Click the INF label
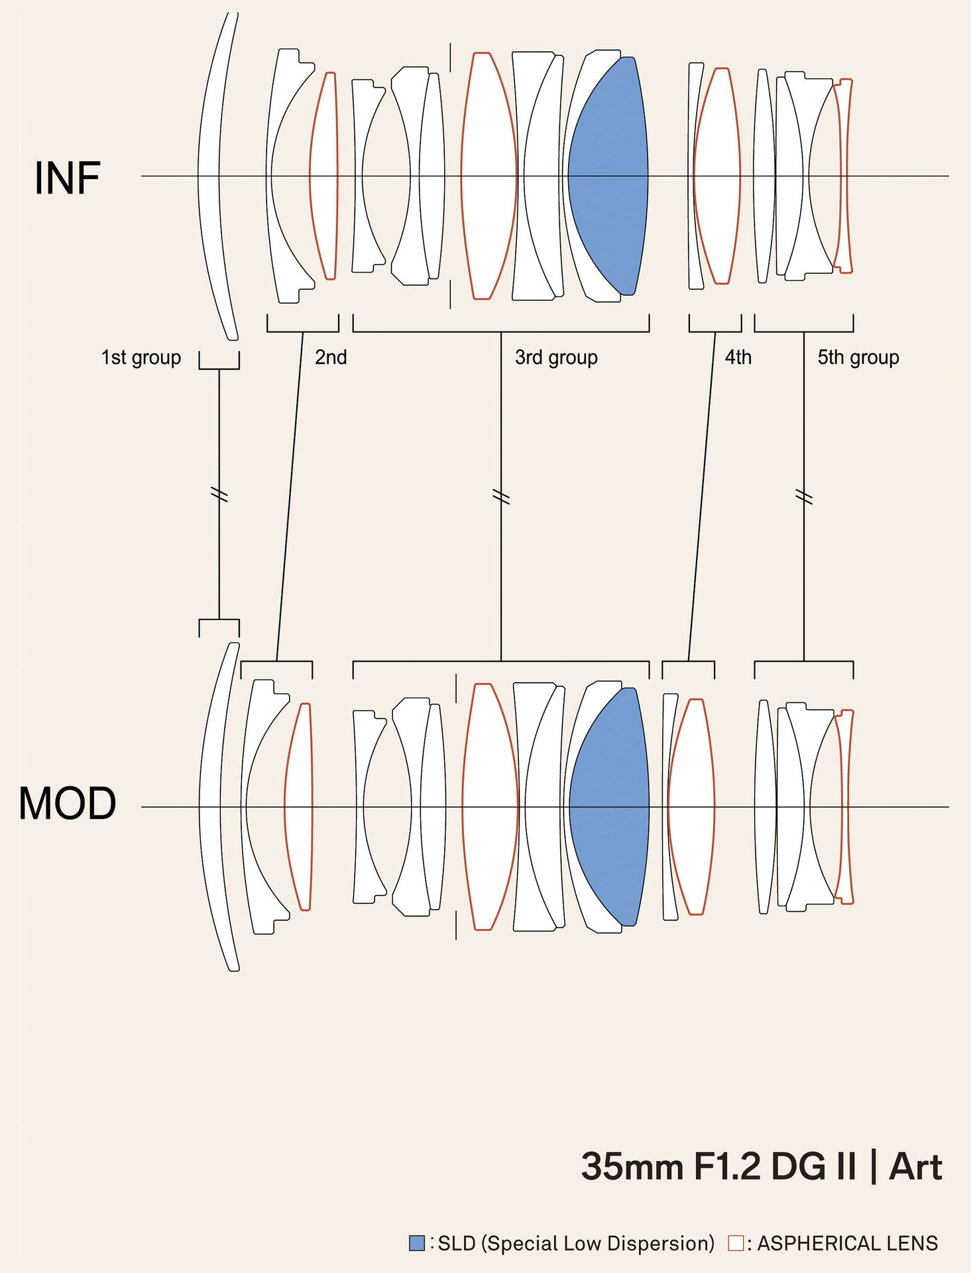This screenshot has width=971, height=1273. click(67, 178)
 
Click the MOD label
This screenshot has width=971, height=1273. click(67, 804)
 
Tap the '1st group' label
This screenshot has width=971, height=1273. click(141, 357)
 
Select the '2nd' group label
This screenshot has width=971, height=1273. click(331, 357)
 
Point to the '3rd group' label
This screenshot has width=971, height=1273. click(556, 357)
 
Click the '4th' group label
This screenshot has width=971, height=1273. click(738, 357)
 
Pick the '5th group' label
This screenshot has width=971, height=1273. click(858, 357)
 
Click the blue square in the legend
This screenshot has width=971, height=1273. click(417, 1243)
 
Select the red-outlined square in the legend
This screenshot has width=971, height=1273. click(736, 1243)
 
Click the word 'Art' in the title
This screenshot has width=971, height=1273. click(915, 1167)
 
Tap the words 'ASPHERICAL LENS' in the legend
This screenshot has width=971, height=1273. click(847, 1243)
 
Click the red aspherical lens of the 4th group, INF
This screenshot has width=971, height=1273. click(717, 176)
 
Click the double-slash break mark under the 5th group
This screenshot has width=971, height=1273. click(804, 496)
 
